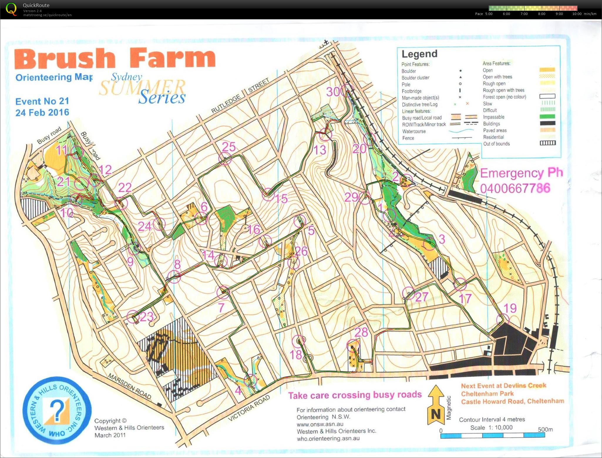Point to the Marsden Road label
pyautogui.click(x=130, y=386)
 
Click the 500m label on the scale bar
pyautogui.click(x=545, y=429)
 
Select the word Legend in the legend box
pyautogui.click(x=419, y=54)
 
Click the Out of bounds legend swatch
pyautogui.click(x=548, y=143)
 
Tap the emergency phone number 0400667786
pyautogui.click(x=515, y=188)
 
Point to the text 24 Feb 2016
pyautogui.click(x=42, y=112)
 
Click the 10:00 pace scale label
pyautogui.click(x=577, y=14)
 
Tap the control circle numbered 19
pyautogui.click(x=502, y=320)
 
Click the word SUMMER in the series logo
pyautogui.click(x=142, y=87)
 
